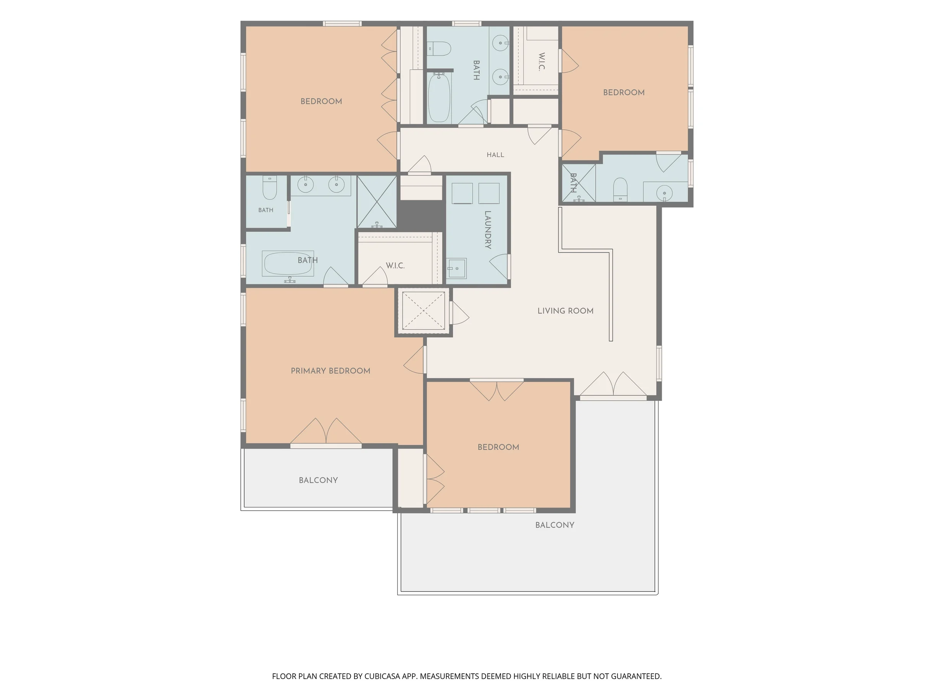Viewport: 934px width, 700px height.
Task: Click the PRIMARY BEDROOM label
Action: tap(330, 371)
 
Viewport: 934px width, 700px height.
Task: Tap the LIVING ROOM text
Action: tap(565, 311)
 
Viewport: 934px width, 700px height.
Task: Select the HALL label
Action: tap(495, 155)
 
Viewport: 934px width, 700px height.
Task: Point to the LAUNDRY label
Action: tap(488, 230)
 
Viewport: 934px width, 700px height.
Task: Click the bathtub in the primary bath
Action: tap(288, 264)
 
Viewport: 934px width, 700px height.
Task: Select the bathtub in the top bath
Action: tap(439, 98)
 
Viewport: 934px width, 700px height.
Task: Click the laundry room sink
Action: tap(456, 269)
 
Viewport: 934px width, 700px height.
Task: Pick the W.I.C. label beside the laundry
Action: tap(395, 266)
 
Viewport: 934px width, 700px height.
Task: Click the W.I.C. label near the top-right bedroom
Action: tap(542, 62)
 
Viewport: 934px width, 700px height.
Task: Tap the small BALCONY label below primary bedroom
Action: tap(318, 480)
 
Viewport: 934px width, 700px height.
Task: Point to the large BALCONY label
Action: tap(555, 525)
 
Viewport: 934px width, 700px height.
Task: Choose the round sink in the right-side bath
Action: tap(665, 193)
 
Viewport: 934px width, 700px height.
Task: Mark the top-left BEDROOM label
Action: tap(321, 101)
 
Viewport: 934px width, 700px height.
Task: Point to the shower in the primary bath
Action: tap(377, 202)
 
